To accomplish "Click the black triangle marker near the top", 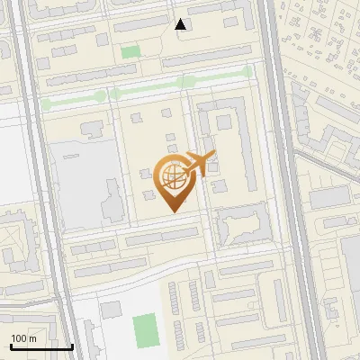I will pyautogui.click(x=181, y=24).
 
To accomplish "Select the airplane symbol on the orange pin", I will pyautogui.click(x=199, y=164).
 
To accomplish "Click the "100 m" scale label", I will pyautogui.click(x=23, y=338).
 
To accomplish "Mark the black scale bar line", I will pyautogui.click(x=41, y=346).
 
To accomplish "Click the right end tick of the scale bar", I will pyautogui.click(x=72, y=345).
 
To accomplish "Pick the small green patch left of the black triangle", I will pyautogui.click(x=130, y=52).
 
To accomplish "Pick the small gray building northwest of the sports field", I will pyautogui.click(x=110, y=310).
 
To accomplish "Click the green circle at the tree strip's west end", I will pyautogui.click(x=45, y=105).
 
